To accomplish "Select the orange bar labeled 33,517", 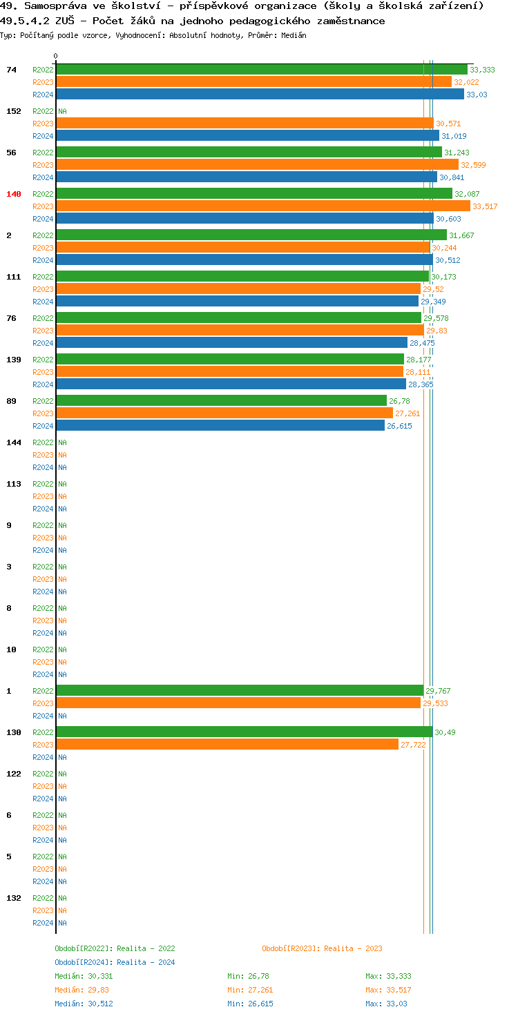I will tap(262, 206).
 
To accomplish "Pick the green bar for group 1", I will tap(239, 691).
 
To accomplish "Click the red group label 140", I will tap(14, 194).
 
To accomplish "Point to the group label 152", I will tap(14, 111).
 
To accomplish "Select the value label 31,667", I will tap(461, 235).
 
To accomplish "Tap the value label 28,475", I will tap(422, 343).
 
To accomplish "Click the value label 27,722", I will tap(413, 745).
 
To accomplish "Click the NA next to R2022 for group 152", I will tap(62, 111).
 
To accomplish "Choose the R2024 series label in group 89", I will tap(43, 426).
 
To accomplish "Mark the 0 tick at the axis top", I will tap(56, 57).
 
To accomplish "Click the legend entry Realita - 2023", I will tap(322, 948).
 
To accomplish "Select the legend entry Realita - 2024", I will tap(115, 962).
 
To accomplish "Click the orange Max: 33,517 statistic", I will tap(388, 990).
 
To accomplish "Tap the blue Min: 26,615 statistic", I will tap(250, 1004).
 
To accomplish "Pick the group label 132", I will tap(14, 898).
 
